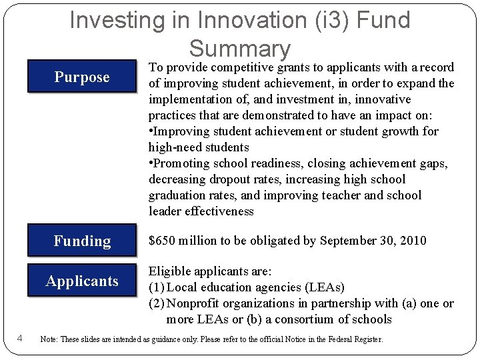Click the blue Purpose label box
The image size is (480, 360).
click(x=81, y=77)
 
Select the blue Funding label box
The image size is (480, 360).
click(x=81, y=241)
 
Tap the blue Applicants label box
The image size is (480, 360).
click(x=81, y=281)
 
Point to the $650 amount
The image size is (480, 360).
click(x=161, y=241)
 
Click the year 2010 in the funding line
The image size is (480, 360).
click(x=413, y=241)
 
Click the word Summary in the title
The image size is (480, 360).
click(x=240, y=48)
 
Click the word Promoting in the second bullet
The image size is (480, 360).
click(x=179, y=163)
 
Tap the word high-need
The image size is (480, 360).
click(x=173, y=147)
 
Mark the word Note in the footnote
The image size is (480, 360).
click(x=48, y=339)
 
